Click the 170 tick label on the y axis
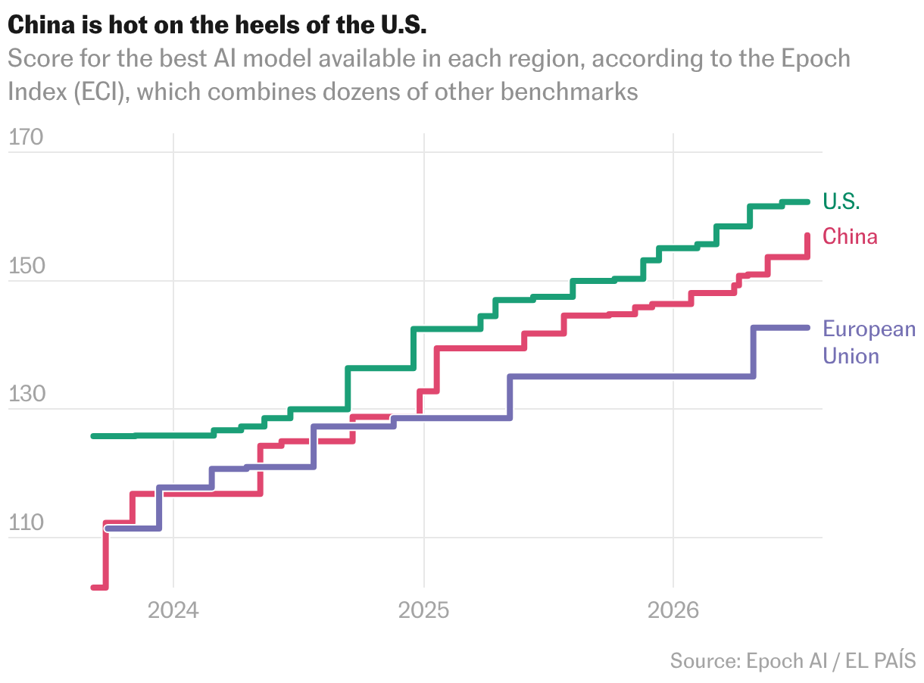[26, 137]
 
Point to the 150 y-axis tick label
[27, 265]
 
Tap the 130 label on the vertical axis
[27, 394]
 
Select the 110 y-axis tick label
[26, 522]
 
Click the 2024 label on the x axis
[173, 610]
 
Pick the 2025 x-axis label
[423, 610]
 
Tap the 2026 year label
[673, 610]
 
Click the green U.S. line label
[841, 201]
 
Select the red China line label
[850, 236]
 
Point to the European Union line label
[869, 342]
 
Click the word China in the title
[41, 24]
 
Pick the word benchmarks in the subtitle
[569, 92]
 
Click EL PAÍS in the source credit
[880, 660]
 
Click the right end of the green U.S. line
[808, 202]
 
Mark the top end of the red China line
[807, 235]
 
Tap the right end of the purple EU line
[808, 328]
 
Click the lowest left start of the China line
[93, 588]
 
